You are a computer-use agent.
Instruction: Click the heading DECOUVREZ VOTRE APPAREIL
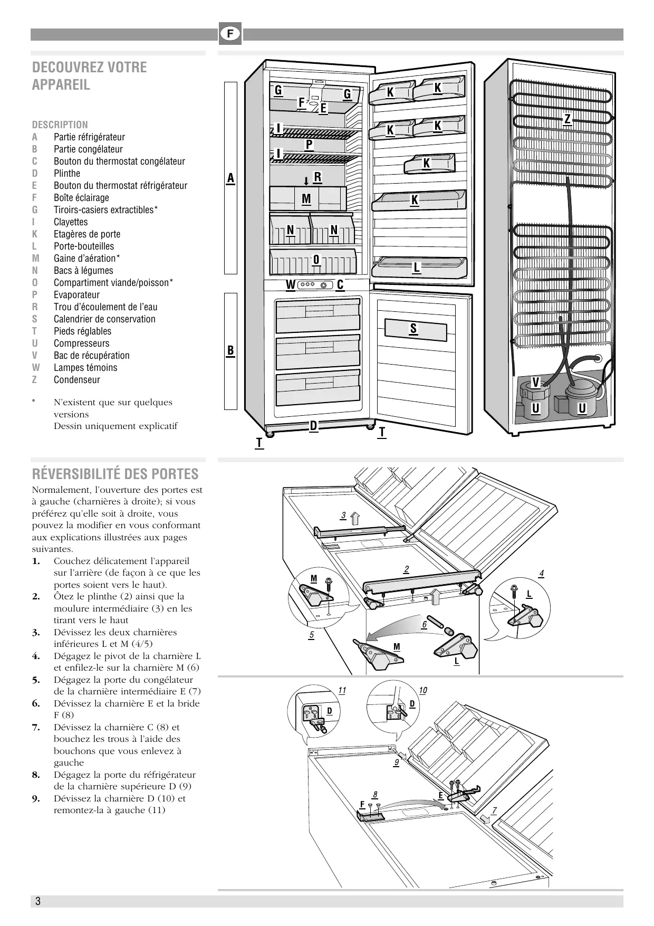coord(90,75)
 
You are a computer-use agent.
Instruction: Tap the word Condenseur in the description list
coord(76,380)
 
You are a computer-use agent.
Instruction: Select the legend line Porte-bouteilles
coord(83,246)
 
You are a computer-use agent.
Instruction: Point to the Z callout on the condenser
coord(568,119)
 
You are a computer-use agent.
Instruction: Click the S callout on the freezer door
coord(413,329)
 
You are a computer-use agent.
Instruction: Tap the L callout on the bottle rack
coord(417,267)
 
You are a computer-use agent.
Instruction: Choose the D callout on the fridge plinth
coord(313,425)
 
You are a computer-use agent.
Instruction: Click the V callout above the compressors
coord(536,382)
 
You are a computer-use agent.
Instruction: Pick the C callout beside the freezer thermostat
coord(340,285)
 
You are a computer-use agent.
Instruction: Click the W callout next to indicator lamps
coord(290,285)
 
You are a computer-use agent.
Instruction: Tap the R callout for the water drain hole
coord(317,177)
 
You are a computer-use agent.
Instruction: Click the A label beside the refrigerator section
coord(230,178)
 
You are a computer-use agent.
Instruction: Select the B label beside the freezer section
coord(230,350)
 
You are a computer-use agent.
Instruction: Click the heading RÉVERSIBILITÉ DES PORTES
coord(115,474)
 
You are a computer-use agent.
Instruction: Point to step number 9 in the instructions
coord(36,799)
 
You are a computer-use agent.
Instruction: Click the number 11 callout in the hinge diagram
coord(342,691)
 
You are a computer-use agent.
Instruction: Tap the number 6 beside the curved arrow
coord(424,625)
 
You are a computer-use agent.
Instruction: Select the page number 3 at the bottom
coord(38,901)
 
